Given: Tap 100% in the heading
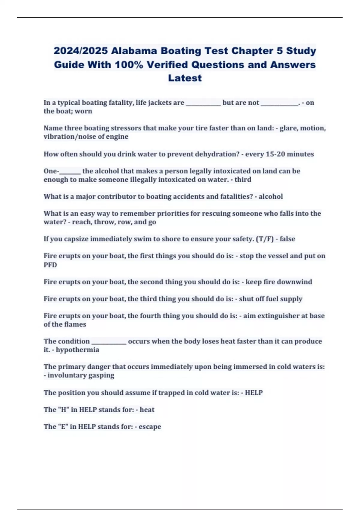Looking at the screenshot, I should pos(129,64).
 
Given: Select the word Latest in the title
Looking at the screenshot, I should pos(185,78).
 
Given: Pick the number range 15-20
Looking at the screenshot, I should pos(276,154).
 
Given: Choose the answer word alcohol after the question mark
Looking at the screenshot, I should pos(271,196).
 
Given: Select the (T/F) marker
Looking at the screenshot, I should pos(264,239).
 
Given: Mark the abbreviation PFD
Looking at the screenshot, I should pos(50,265).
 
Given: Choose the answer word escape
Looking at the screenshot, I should pos(150,427).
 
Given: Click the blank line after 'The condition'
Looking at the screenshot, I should pos(109,342).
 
